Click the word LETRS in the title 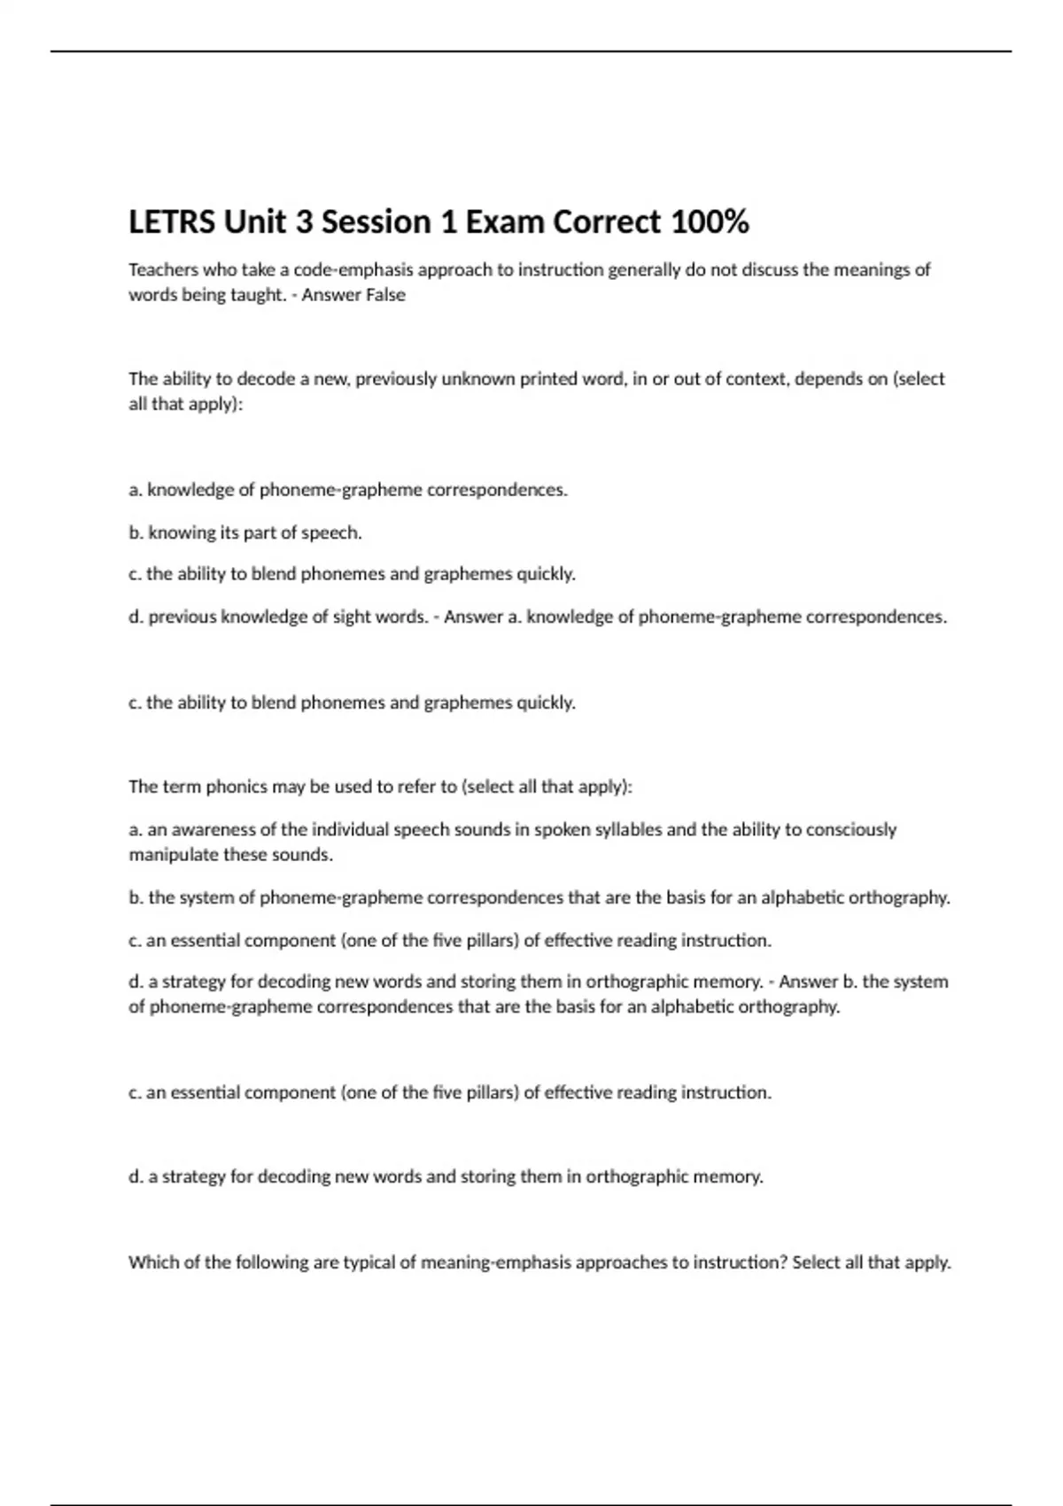(172, 222)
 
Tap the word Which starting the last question (153, 1262)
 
